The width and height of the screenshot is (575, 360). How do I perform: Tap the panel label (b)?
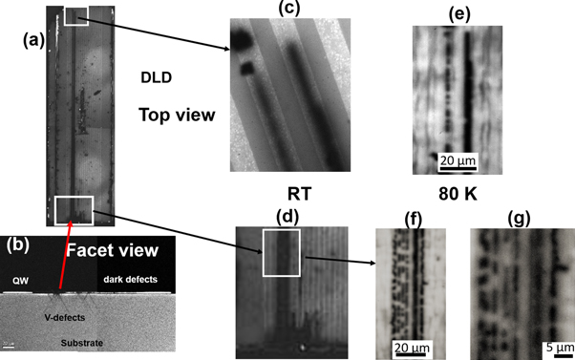point(21,244)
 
